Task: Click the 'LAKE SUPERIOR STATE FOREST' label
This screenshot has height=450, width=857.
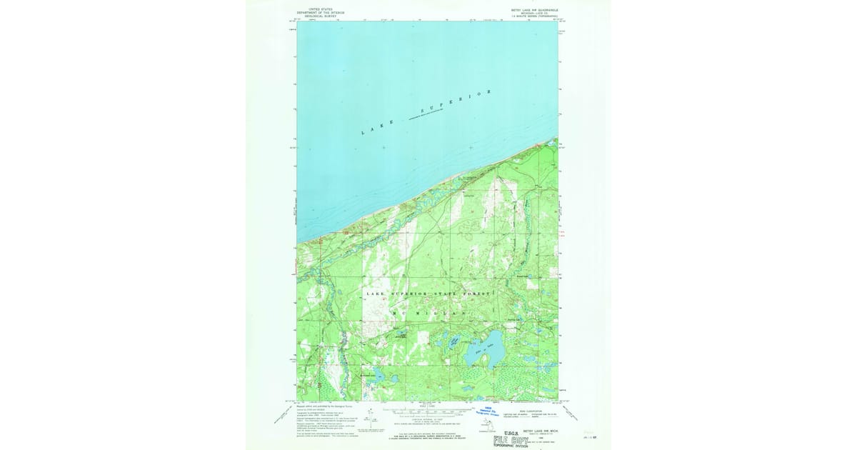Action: (x=429, y=294)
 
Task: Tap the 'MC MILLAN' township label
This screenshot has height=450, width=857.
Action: (x=429, y=314)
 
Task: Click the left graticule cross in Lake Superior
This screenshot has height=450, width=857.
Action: (x=384, y=148)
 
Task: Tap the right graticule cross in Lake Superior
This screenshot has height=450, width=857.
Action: (x=471, y=148)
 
